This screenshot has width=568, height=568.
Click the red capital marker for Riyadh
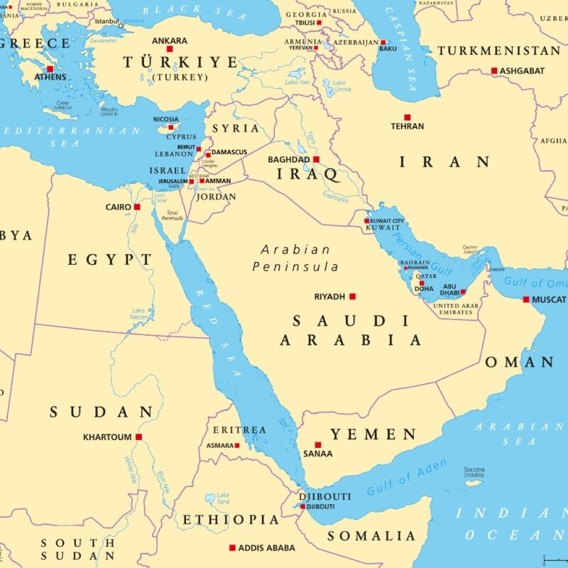[x=352, y=296]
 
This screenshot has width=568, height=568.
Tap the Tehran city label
[x=408, y=126]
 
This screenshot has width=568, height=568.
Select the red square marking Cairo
[x=137, y=207]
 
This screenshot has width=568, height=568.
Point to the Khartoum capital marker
[x=139, y=437]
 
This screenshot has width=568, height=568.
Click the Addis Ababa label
[x=267, y=548]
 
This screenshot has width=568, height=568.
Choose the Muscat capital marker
[x=525, y=300]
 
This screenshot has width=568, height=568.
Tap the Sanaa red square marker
[x=317, y=444]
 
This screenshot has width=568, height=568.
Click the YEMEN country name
[x=373, y=434]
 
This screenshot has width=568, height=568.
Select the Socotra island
[x=474, y=483]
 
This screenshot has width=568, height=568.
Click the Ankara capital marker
[x=170, y=49]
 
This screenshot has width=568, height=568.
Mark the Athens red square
[x=50, y=69]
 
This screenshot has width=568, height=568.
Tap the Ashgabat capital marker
[x=494, y=70]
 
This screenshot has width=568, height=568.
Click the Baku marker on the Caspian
[x=383, y=42]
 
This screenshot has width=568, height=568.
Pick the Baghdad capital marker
[x=316, y=160]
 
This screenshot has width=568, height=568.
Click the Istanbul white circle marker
[x=121, y=26]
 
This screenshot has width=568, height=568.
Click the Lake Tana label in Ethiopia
[x=223, y=498]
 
